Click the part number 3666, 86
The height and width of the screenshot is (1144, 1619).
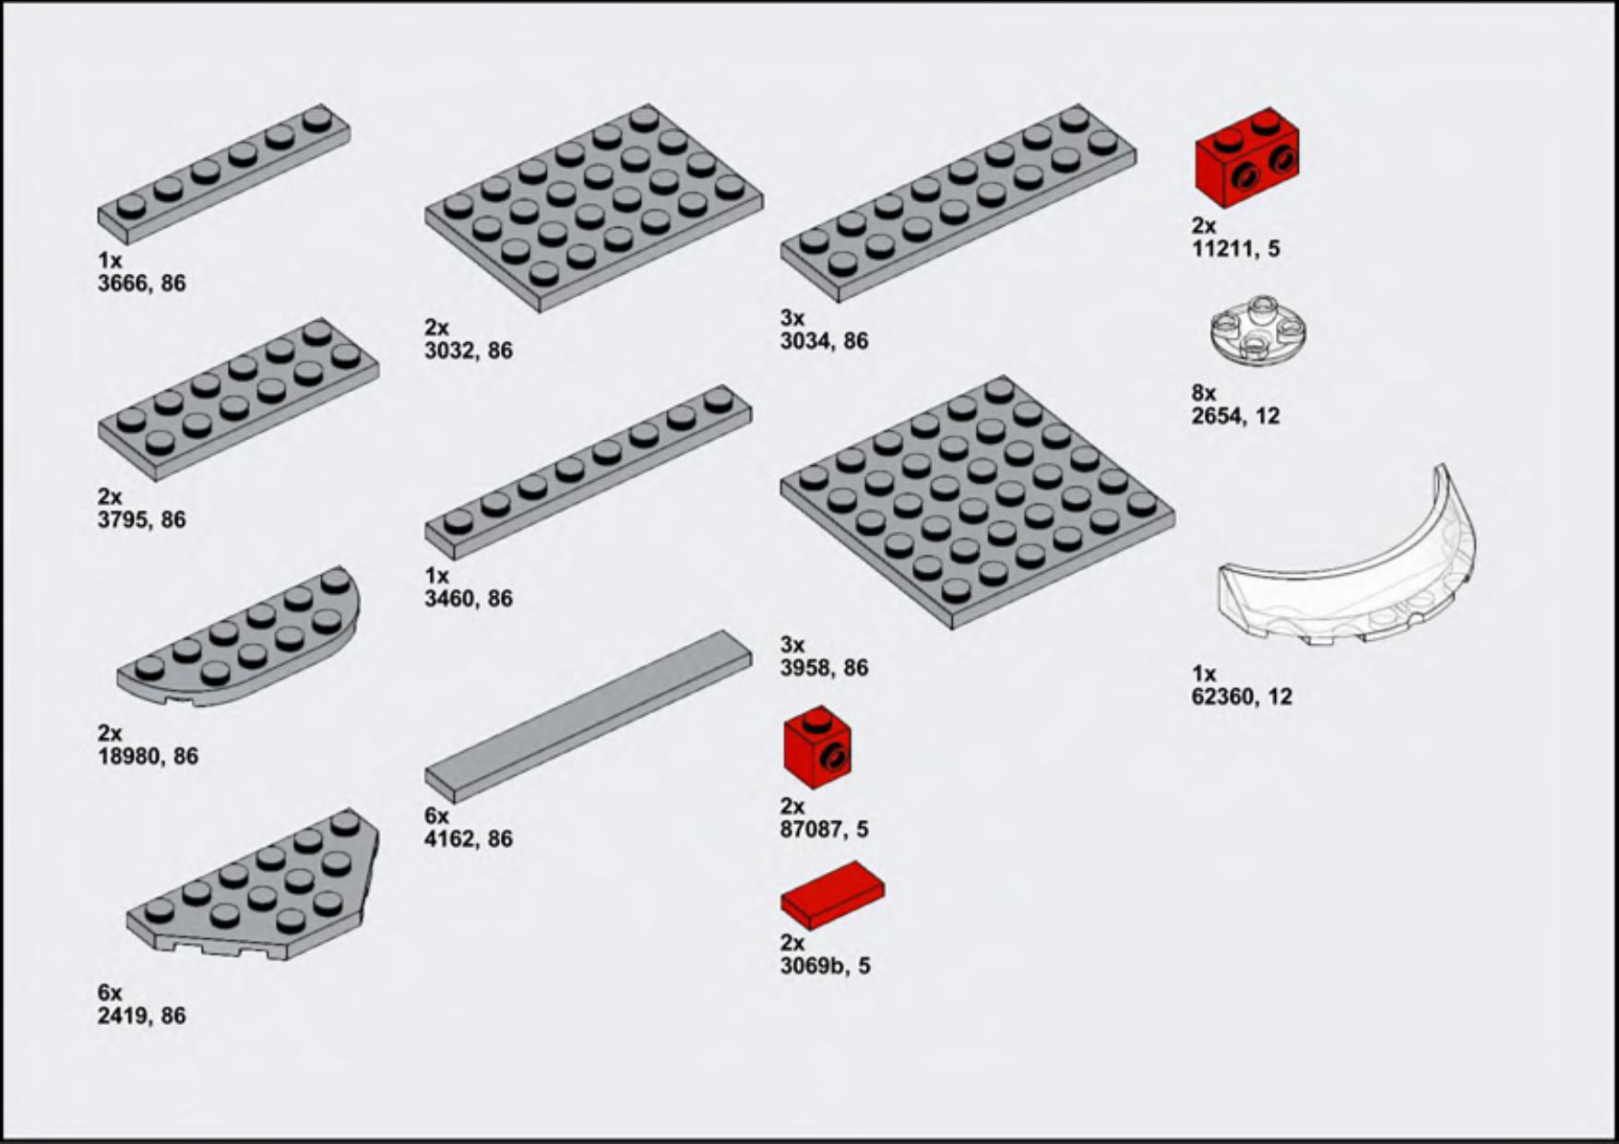tap(142, 283)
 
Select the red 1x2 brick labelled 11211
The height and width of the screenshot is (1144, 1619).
tap(1246, 157)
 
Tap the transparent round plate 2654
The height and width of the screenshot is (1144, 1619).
tap(1257, 330)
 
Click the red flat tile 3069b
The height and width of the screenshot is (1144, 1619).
tap(832, 894)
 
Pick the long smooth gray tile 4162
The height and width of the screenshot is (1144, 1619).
tap(589, 716)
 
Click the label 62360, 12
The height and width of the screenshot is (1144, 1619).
tap(1242, 697)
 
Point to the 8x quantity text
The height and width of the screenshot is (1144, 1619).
tap(1204, 393)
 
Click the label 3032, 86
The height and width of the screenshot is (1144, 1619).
tap(469, 351)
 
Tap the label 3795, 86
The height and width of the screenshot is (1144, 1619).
tap(142, 519)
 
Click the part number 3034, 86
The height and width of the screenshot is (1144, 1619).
tap(825, 341)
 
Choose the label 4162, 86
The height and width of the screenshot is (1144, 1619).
tap(469, 839)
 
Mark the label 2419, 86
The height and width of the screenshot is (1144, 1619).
tap(142, 1016)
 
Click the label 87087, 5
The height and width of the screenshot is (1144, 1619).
tap(825, 829)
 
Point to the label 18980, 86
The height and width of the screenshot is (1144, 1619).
tap(149, 757)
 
